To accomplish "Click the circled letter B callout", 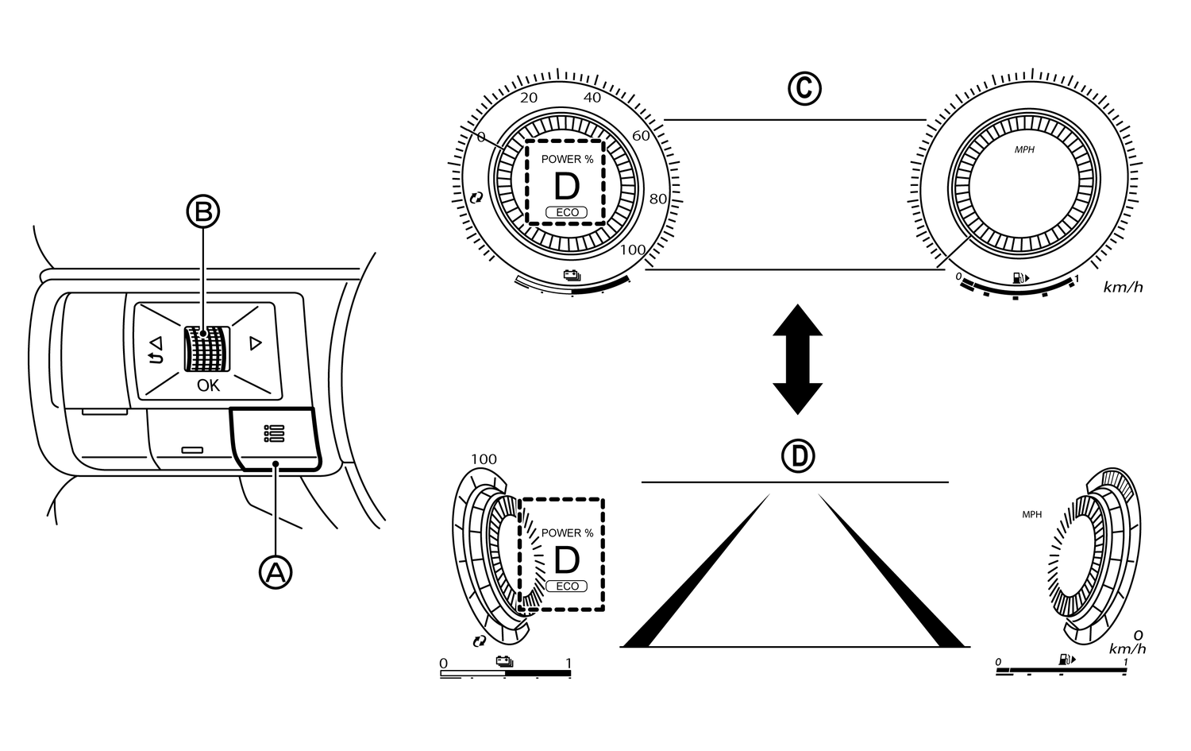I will point(203,212).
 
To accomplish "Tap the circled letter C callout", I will point(804,89).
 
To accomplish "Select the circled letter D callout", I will point(798,455).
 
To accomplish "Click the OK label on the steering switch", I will point(208,385).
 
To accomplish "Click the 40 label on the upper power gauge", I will point(592,98).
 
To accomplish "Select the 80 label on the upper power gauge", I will point(658,199).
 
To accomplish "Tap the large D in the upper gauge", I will point(567,187).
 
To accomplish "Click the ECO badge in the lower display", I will point(567,586).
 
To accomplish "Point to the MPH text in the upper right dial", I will point(1025,149).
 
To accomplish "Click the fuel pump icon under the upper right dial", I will point(1019,278).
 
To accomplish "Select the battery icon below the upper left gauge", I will point(571,276).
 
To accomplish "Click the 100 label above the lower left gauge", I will point(484,459).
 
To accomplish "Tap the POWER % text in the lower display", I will point(567,533).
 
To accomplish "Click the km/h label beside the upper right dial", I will point(1123,287).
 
